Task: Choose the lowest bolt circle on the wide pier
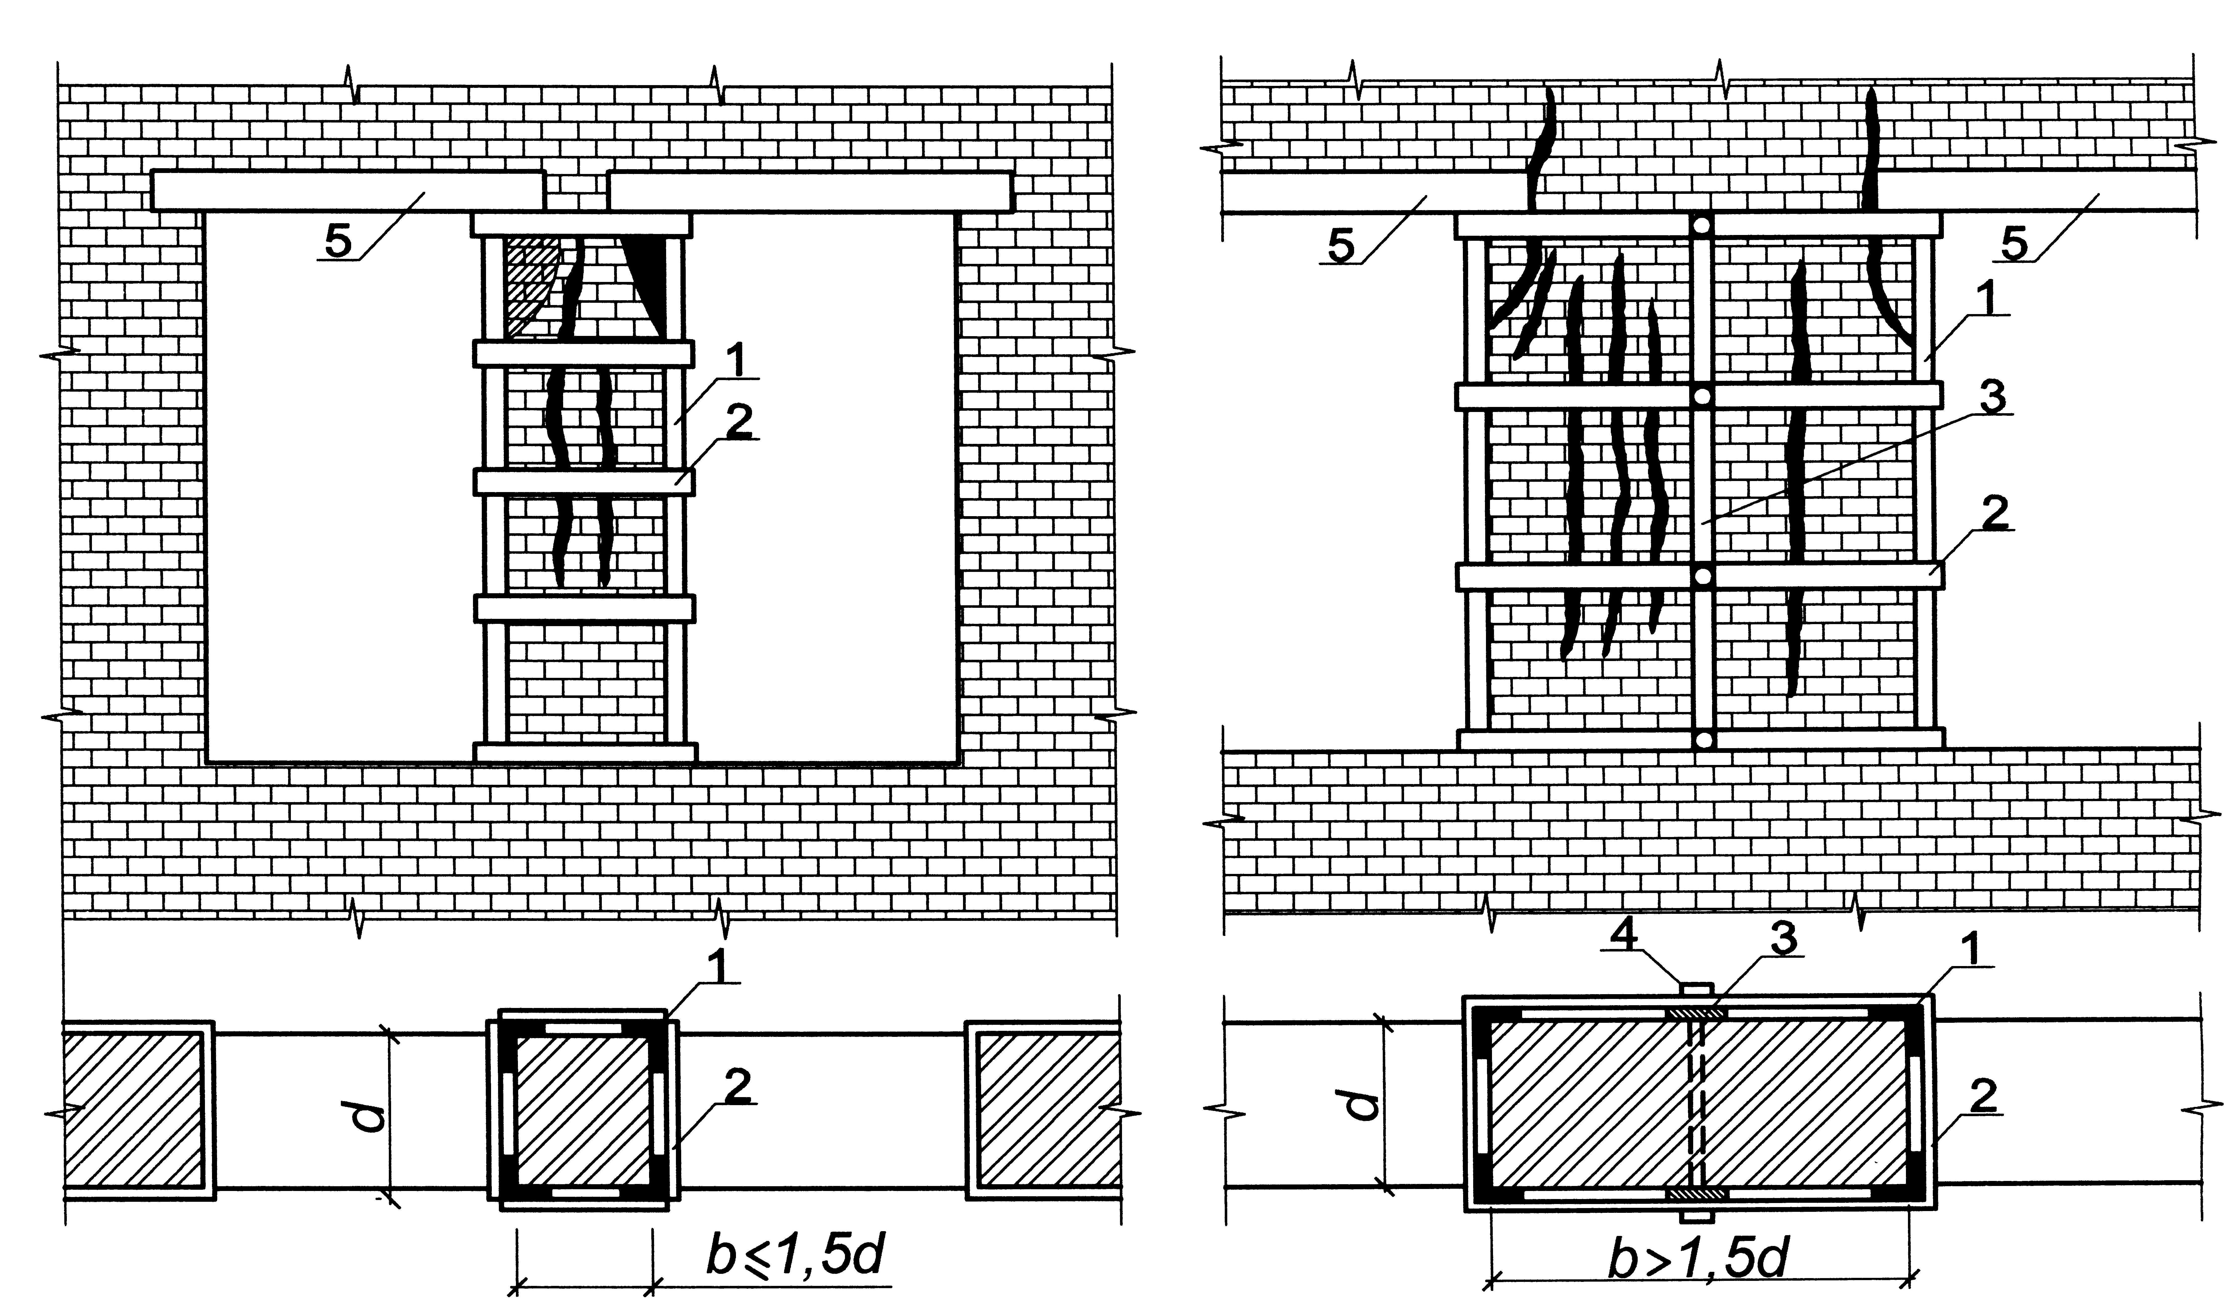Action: coord(1701,739)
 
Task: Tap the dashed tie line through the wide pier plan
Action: coord(1697,1111)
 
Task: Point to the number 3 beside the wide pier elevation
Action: coord(1993,398)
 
